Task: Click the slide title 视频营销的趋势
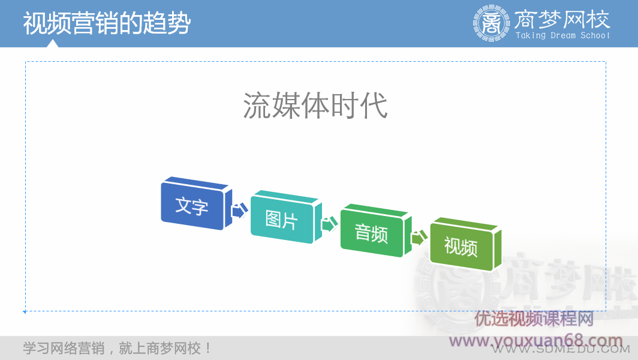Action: pyautogui.click(x=107, y=23)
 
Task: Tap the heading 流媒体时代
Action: pyautogui.click(x=315, y=106)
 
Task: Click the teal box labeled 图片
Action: pyautogui.click(x=281, y=220)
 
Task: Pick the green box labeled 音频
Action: pyautogui.click(x=371, y=233)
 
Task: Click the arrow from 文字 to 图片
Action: pyautogui.click(x=239, y=211)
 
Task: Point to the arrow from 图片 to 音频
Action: pyautogui.click(x=329, y=225)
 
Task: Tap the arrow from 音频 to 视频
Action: pyautogui.click(x=418, y=238)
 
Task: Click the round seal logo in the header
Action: pyautogui.click(x=491, y=23)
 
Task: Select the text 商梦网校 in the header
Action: pyautogui.click(x=562, y=19)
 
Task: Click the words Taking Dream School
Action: pyautogui.click(x=562, y=36)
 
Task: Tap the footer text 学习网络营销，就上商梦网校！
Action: pyautogui.click(x=118, y=348)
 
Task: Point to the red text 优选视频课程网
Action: pyautogui.click(x=534, y=319)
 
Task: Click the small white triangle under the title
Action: pyautogui.click(x=53, y=43)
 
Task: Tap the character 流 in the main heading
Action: pyautogui.click(x=257, y=106)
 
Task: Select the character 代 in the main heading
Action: pyautogui.click(x=374, y=106)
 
